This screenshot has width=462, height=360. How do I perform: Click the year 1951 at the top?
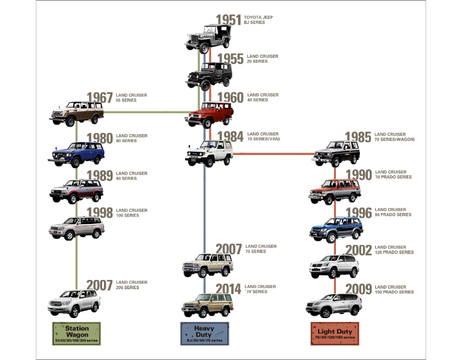click(x=228, y=20)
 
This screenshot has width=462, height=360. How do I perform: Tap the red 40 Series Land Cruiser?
click(x=209, y=114)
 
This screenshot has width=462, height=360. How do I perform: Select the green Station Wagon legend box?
click(x=77, y=334)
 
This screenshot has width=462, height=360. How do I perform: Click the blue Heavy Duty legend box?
click(x=204, y=334)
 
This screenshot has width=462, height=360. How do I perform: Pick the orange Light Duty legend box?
click(x=335, y=334)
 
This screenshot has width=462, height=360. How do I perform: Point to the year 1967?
click(x=100, y=98)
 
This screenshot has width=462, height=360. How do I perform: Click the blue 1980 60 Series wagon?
click(x=76, y=154)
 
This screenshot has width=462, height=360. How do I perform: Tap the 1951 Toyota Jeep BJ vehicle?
click(x=208, y=39)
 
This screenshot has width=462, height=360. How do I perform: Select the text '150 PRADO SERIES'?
click(x=394, y=292)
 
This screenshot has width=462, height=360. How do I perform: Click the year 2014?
click(x=228, y=289)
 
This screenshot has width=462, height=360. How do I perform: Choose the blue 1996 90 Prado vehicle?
click(x=336, y=230)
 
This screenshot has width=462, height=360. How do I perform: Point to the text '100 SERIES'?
click(x=127, y=215)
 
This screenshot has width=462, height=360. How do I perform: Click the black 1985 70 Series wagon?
click(x=336, y=154)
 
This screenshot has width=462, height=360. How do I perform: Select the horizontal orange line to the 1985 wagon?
click(x=274, y=154)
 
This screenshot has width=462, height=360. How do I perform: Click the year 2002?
click(x=359, y=250)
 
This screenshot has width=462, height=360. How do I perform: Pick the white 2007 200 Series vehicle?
click(x=74, y=303)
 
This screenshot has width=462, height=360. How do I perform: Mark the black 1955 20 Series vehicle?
click(x=209, y=76)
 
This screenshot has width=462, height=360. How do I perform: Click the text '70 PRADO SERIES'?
click(x=393, y=177)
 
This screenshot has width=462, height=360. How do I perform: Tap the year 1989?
click(x=100, y=176)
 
